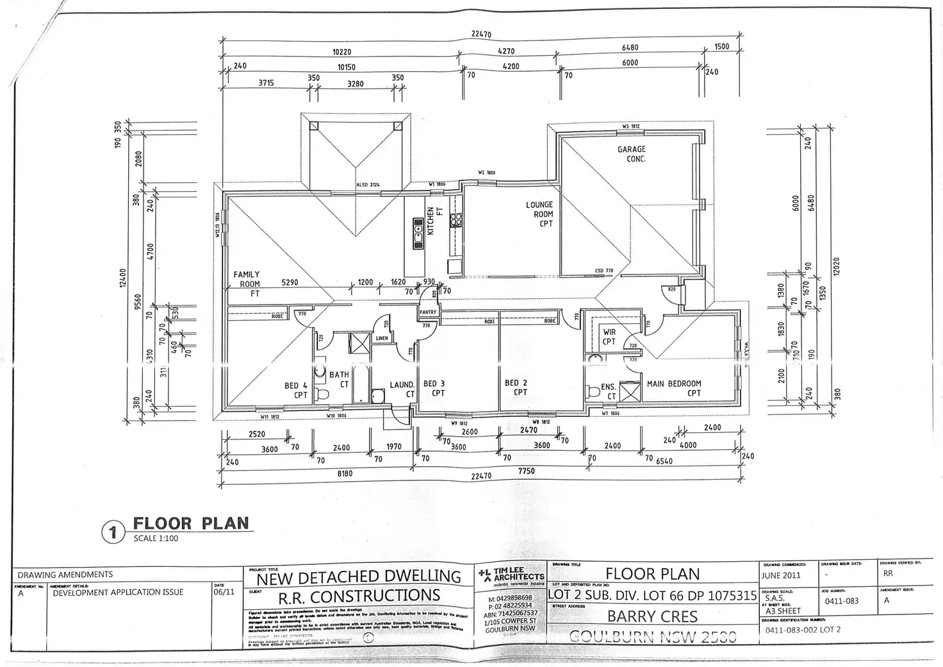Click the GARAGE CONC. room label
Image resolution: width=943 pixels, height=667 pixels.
(632, 154)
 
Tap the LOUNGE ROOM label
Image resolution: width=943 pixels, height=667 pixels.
(539, 214)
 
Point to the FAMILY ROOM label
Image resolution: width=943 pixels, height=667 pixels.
(247, 283)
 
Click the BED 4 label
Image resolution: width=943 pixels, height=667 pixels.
(297, 390)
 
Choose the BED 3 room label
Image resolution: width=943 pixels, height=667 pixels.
(434, 388)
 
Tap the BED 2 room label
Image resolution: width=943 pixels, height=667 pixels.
(516, 387)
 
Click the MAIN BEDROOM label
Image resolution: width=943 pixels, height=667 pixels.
(674, 388)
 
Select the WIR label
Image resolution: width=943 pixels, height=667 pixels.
(609, 337)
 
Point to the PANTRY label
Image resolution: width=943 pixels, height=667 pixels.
(428, 312)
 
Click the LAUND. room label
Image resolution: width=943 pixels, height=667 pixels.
(402, 389)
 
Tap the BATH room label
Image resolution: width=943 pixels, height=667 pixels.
(340, 379)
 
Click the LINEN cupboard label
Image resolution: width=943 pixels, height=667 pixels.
(382, 338)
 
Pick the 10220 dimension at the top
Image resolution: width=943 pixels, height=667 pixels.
(341, 53)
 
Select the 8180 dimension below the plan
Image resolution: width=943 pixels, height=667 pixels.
(345, 473)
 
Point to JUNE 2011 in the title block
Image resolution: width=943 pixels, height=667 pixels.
(781, 575)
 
